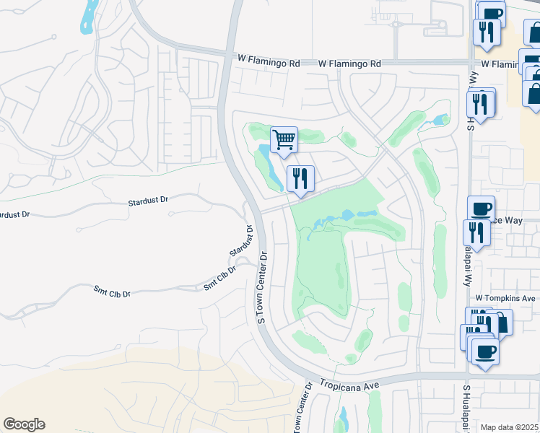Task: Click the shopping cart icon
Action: (x=284, y=139)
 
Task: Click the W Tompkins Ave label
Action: (x=505, y=298)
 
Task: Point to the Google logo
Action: (x=24, y=424)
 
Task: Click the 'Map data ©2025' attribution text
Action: (x=509, y=427)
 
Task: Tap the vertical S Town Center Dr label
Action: (x=264, y=287)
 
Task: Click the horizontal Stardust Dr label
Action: (x=147, y=204)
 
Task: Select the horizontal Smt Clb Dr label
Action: (x=112, y=293)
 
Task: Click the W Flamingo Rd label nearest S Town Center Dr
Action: (x=269, y=64)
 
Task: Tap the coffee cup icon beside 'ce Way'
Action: (x=481, y=209)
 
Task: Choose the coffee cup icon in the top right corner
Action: (x=492, y=13)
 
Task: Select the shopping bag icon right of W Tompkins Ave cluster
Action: (x=500, y=323)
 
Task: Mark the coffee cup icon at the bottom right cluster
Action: (x=485, y=351)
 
